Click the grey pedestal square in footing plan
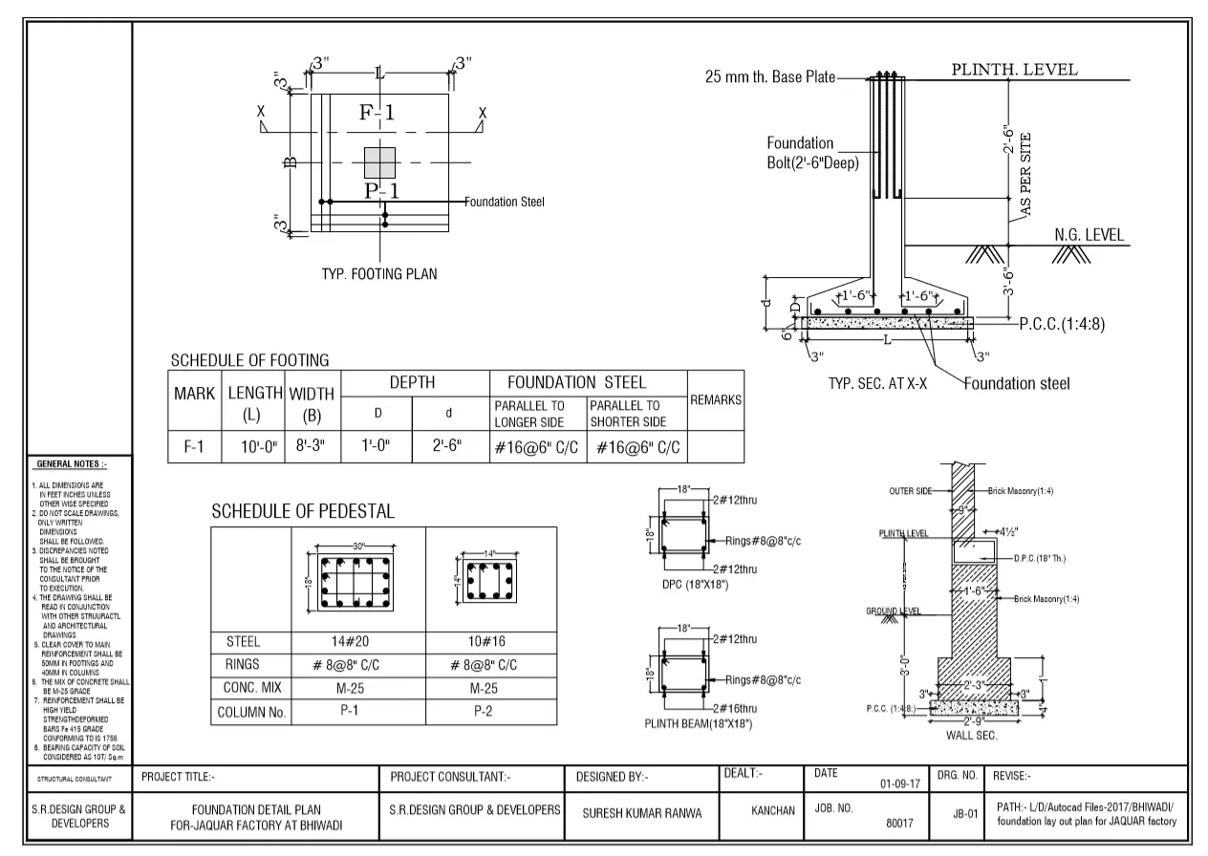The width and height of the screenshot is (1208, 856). [379, 162]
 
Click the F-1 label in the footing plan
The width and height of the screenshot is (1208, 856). [377, 113]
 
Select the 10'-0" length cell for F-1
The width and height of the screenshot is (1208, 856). [252, 447]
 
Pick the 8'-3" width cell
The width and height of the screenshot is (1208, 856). [312, 447]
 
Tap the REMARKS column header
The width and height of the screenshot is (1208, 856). [716, 400]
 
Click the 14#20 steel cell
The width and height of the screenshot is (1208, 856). [357, 641]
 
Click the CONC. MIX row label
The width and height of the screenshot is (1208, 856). [250, 689]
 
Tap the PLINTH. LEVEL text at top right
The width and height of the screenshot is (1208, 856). [1014, 70]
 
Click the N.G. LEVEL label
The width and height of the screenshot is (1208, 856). [1089, 235]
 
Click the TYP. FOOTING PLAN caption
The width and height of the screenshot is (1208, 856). [379, 274]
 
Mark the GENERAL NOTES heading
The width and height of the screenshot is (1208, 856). [71, 464]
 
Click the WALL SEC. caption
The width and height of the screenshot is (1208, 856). [971, 736]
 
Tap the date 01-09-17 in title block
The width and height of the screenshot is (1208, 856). [899, 784]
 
